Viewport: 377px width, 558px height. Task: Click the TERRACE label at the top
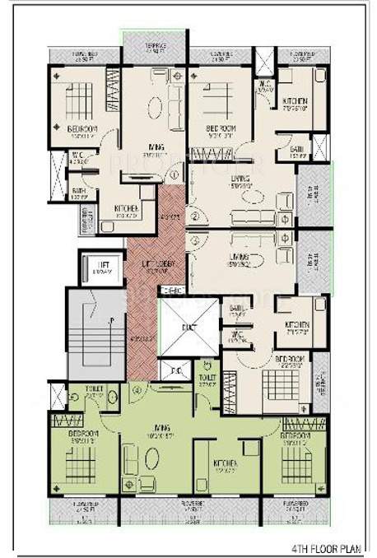[x=154, y=49]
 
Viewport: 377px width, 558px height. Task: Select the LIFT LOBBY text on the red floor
[x=154, y=264]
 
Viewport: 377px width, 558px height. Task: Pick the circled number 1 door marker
[x=174, y=175]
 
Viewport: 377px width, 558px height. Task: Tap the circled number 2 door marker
[x=194, y=216]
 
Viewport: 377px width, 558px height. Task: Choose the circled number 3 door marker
[x=194, y=239]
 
